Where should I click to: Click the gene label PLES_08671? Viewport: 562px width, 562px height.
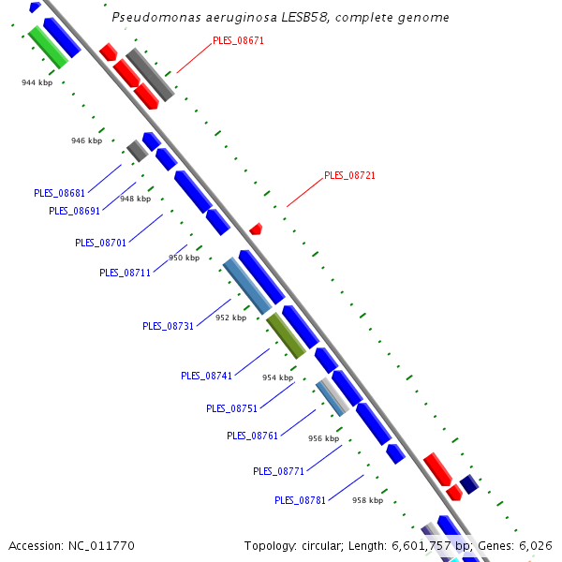[x=238, y=41]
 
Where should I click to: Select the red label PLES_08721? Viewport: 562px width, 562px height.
[x=349, y=175]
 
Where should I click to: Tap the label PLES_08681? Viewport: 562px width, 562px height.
[x=59, y=193]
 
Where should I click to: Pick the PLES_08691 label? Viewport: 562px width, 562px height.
[x=74, y=211]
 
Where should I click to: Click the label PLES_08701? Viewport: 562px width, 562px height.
[x=100, y=243]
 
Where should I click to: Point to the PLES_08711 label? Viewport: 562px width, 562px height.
[x=125, y=273]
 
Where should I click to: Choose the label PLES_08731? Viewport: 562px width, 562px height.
[x=168, y=326]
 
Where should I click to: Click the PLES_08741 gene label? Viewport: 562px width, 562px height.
[x=206, y=376]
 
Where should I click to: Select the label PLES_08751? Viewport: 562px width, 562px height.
[x=231, y=408]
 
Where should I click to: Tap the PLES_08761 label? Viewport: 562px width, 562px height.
[x=252, y=436]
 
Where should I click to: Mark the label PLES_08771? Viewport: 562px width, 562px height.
[x=278, y=471]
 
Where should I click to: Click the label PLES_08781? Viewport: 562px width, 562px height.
[x=300, y=500]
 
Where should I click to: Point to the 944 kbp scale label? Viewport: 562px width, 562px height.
[x=37, y=83]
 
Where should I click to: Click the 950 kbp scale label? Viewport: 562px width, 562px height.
[x=184, y=258]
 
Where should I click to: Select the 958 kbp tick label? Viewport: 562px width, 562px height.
[x=367, y=500]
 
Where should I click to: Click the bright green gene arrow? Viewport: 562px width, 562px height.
[x=47, y=47]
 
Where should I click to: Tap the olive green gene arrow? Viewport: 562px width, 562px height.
[x=286, y=336]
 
